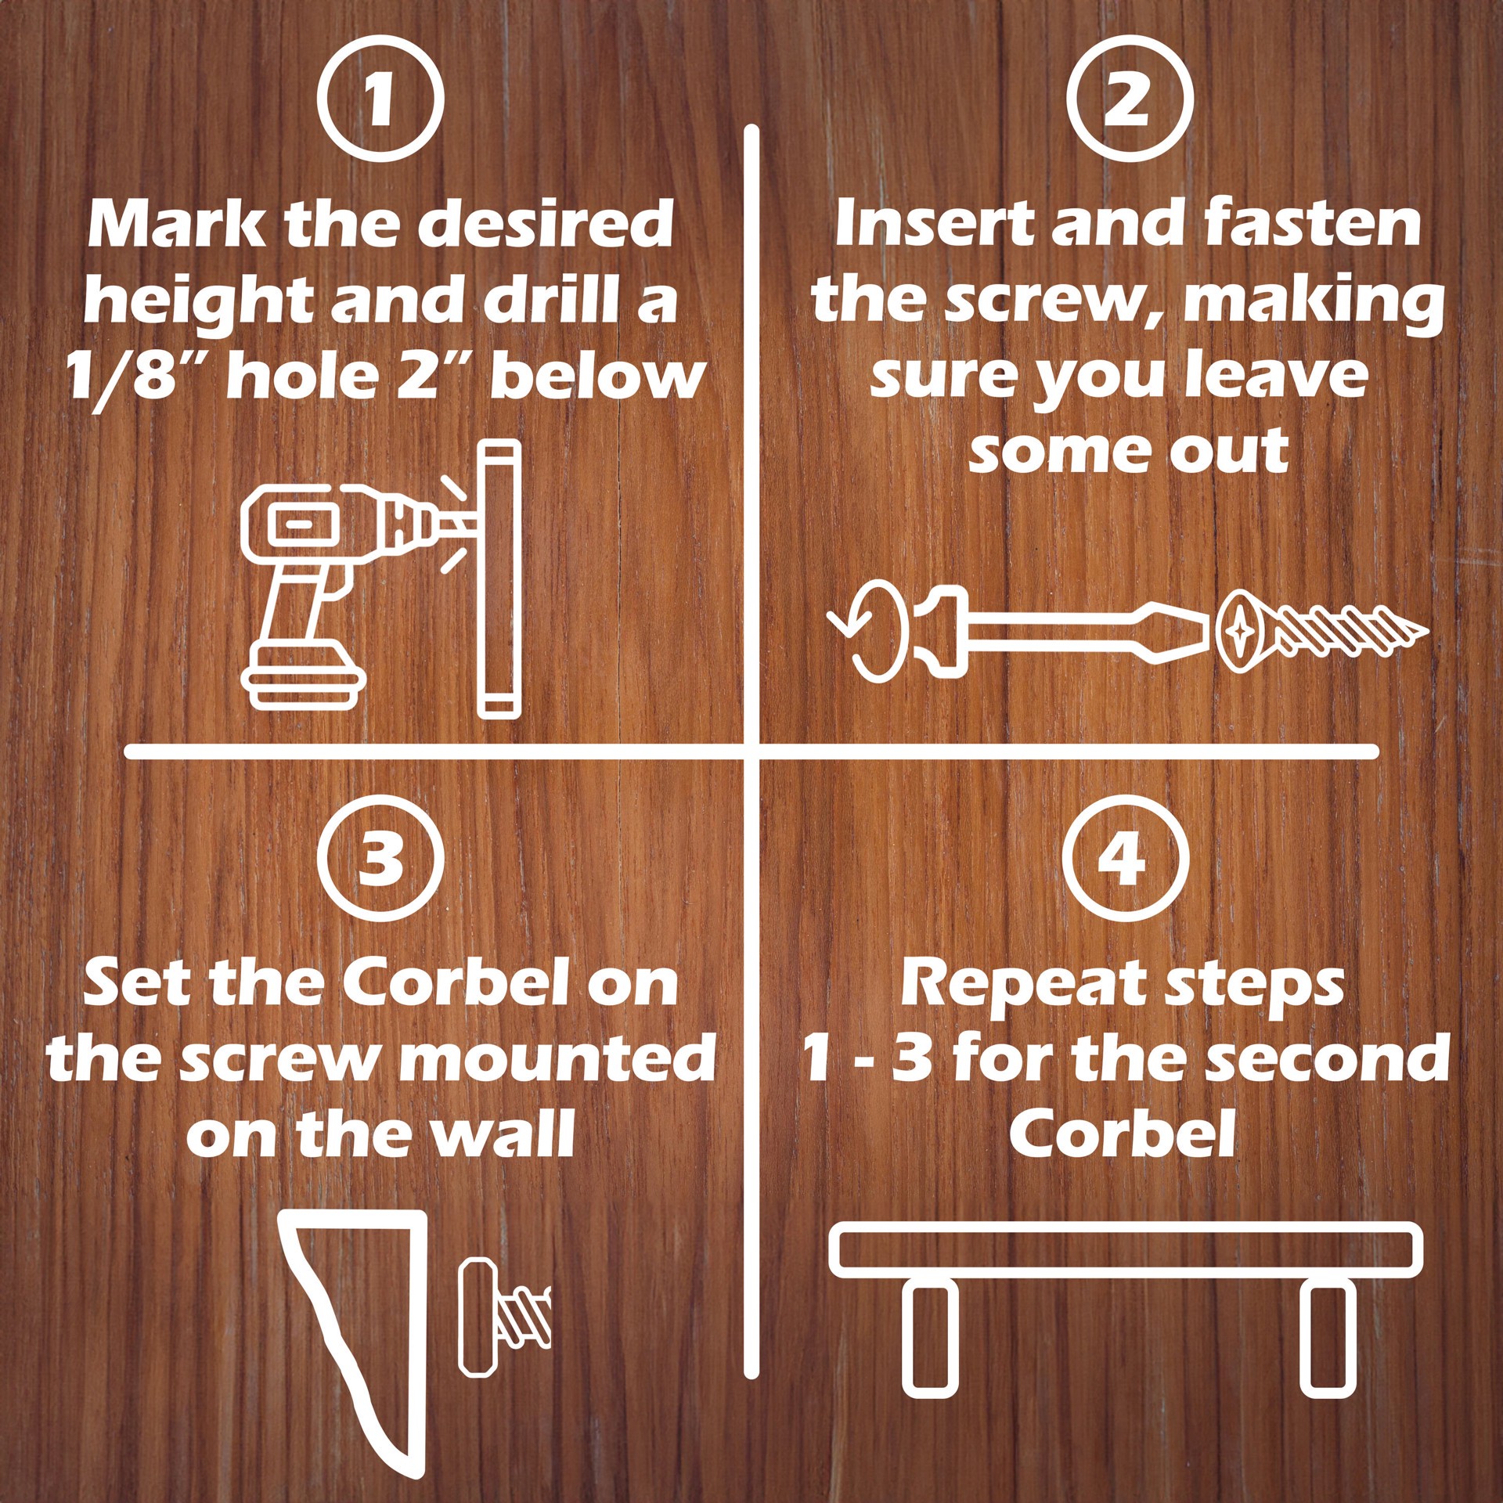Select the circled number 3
tap(381, 859)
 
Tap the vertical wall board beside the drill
tap(499, 579)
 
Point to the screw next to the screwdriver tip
tap(1323, 631)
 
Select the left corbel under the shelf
tap(929, 1338)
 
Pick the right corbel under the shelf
tap(1328, 1338)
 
